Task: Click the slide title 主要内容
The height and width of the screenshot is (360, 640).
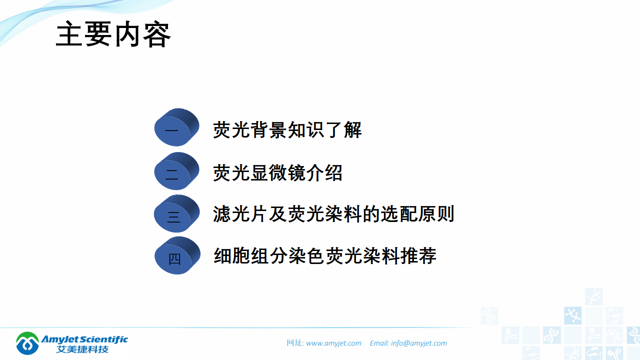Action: tap(113, 34)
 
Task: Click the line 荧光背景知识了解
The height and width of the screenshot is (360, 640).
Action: tap(287, 130)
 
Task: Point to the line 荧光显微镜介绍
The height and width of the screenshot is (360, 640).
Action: tap(277, 173)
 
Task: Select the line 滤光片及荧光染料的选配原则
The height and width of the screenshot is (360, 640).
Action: tap(333, 214)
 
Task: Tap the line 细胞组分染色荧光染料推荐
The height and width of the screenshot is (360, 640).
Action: tap(325, 256)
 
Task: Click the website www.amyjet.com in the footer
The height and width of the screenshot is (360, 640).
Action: tap(333, 343)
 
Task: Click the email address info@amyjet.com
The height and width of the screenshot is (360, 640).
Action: tap(419, 343)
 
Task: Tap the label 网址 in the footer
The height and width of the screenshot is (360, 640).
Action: tap(294, 343)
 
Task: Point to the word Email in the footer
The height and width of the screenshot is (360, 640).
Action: tap(378, 343)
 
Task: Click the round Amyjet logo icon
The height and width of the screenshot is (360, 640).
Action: tap(27, 343)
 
